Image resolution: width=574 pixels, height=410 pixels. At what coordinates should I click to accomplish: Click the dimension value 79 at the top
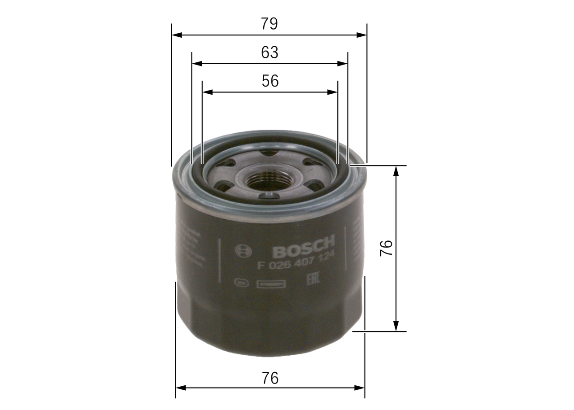pos(270,24)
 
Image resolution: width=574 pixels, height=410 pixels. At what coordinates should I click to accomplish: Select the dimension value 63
pos(270,52)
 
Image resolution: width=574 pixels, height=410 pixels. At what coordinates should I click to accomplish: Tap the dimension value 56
pos(270,81)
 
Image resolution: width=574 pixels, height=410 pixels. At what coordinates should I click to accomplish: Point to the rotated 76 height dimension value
pos(386,248)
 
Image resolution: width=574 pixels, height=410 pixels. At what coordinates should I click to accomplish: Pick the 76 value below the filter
pos(270,378)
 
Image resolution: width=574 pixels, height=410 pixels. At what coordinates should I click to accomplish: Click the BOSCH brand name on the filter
pos(304,247)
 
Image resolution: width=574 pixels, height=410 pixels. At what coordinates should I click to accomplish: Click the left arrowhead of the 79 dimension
pos(176,35)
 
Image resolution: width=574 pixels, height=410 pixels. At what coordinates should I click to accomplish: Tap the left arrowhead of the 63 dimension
pos(196,64)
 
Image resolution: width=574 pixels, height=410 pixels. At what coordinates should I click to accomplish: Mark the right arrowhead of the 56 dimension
pos(333,92)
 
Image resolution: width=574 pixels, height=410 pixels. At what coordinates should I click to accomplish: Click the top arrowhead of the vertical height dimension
pos(396,170)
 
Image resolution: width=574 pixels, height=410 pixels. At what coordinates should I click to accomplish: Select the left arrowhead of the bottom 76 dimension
pos(180,388)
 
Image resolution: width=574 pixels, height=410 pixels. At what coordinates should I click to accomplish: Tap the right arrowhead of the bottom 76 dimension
pos(360,388)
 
